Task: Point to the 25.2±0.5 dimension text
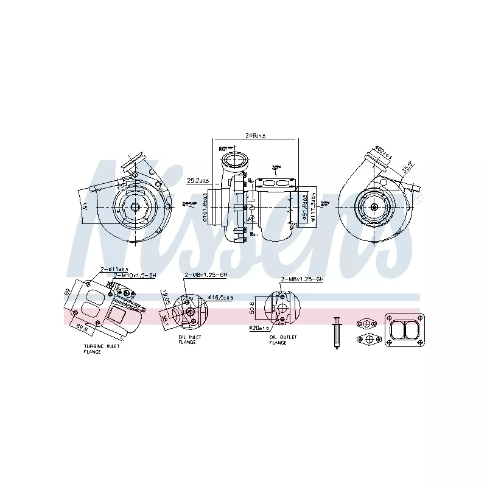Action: [x=198, y=181]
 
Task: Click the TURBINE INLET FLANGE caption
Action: [x=102, y=349]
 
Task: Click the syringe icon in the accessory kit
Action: [x=335, y=332]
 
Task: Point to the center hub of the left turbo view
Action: [x=134, y=207]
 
